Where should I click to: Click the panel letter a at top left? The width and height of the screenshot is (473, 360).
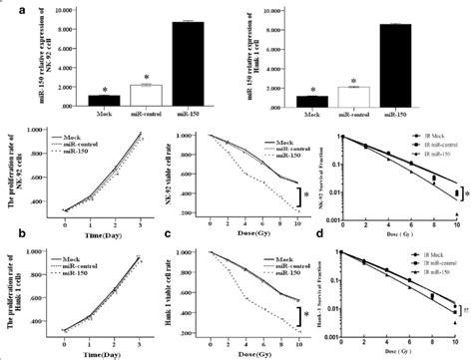point(8,8)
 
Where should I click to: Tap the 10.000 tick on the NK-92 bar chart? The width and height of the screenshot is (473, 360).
point(59,9)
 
